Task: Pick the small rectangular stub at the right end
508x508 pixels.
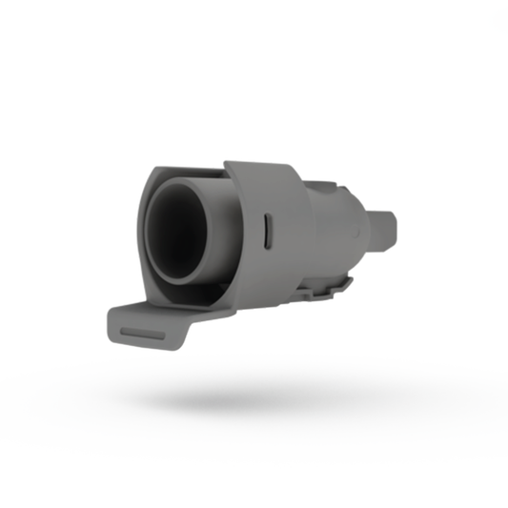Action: [386, 230]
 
